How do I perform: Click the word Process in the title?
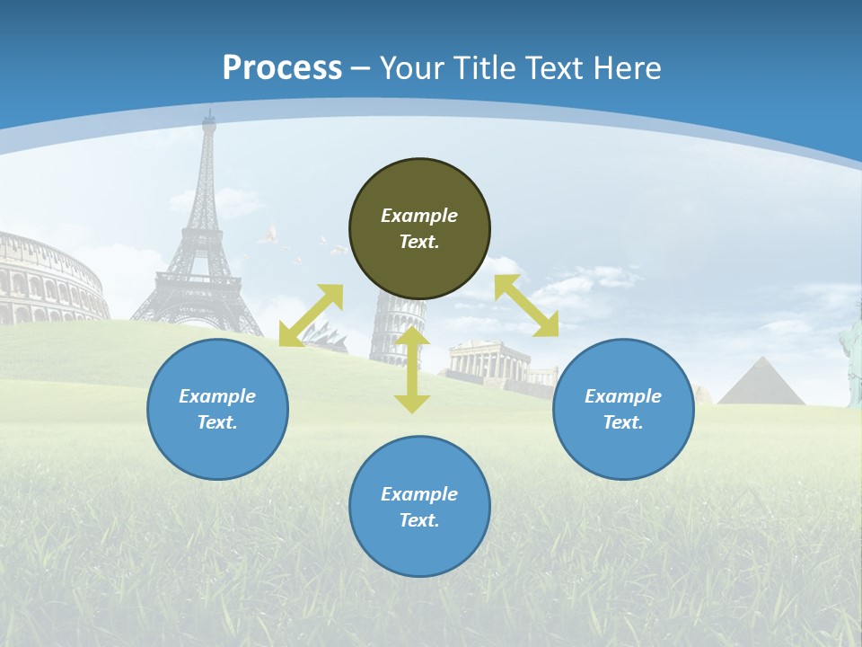(x=282, y=68)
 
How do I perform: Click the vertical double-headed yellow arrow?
(x=412, y=369)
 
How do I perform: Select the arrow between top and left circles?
(x=311, y=315)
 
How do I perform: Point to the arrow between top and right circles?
(x=526, y=306)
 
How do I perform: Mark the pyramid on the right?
(x=761, y=383)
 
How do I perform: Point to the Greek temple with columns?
(x=489, y=363)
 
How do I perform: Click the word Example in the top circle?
(x=419, y=216)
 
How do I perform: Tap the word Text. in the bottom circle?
(x=419, y=520)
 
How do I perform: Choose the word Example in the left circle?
(x=217, y=396)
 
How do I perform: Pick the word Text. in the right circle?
(x=623, y=422)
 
